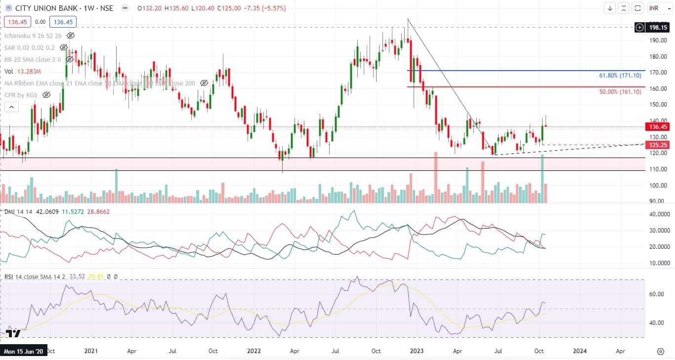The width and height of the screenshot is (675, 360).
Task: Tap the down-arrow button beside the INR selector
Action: [x=610, y=8]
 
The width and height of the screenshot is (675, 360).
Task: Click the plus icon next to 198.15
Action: [x=640, y=27]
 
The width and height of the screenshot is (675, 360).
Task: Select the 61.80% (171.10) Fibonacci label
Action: [x=620, y=76]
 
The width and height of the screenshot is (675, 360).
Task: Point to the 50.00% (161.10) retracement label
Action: [x=620, y=92]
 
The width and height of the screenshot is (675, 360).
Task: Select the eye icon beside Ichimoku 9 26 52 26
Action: [x=71, y=36]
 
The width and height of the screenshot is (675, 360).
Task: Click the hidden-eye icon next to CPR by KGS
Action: [x=46, y=94]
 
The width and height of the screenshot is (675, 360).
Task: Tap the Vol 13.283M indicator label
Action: [x=23, y=71]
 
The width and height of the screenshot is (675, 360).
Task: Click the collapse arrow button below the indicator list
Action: [x=11, y=107]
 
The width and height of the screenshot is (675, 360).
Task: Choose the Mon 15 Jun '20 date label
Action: [x=24, y=351]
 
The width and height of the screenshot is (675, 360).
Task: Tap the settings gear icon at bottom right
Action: [x=660, y=351]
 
